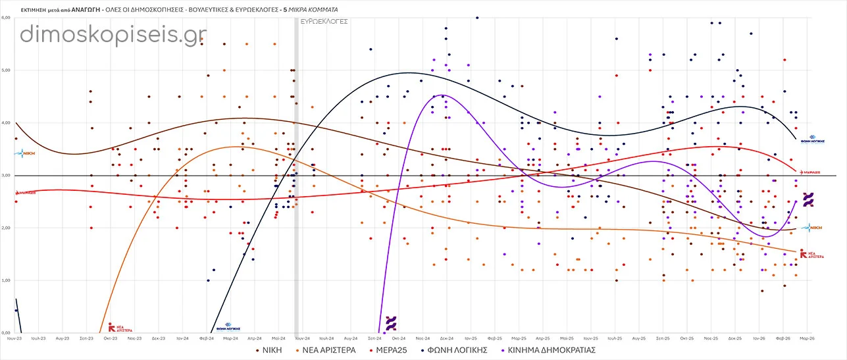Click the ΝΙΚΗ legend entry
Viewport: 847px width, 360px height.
pyautogui.click(x=269, y=350)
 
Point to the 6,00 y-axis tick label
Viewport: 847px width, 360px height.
pyautogui.click(x=7, y=18)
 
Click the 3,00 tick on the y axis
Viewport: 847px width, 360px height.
pyautogui.click(x=7, y=176)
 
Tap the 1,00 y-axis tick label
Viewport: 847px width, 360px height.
pyautogui.click(x=7, y=281)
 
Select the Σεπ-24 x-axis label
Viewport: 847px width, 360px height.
pyautogui.click(x=374, y=338)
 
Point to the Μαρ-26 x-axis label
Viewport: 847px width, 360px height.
pyautogui.click(x=808, y=338)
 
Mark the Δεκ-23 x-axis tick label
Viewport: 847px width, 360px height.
pyautogui.click(x=158, y=338)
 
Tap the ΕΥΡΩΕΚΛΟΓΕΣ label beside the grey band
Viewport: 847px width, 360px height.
pyautogui.click(x=324, y=21)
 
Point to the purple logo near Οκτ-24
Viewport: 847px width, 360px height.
pyautogui.click(x=391, y=322)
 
